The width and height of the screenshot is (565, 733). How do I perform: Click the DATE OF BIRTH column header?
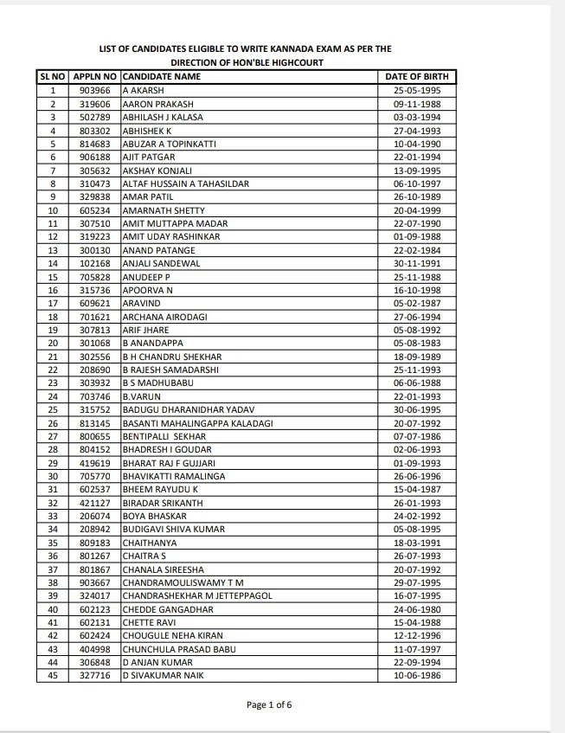pyautogui.click(x=417, y=77)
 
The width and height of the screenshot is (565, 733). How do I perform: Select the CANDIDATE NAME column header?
pyautogui.click(x=162, y=77)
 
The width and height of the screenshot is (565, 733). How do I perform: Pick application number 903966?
pyautogui.click(x=94, y=90)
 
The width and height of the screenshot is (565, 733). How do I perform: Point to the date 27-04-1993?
pyautogui.click(x=417, y=131)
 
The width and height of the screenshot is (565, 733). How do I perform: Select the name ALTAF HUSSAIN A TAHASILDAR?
pyautogui.click(x=185, y=183)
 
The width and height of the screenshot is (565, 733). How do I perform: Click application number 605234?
pyautogui.click(x=94, y=210)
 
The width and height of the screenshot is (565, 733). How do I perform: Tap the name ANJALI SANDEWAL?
pyautogui.click(x=161, y=263)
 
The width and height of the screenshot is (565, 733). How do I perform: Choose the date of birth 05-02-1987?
pyautogui.click(x=417, y=303)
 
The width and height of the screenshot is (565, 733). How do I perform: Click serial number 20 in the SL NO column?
pyautogui.click(x=53, y=343)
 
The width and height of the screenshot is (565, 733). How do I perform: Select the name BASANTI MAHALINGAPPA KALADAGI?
pyautogui.click(x=197, y=423)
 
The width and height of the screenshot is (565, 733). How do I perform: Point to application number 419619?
pyautogui.click(x=94, y=463)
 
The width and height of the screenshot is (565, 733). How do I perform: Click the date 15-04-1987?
pyautogui.click(x=417, y=489)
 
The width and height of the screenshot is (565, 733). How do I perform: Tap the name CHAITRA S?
pyautogui.click(x=144, y=556)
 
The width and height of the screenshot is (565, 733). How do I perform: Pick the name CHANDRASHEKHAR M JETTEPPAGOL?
pyautogui.click(x=197, y=595)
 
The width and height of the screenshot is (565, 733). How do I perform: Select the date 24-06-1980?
pyautogui.click(x=417, y=608)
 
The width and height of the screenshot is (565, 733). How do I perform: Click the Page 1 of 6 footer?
pyautogui.click(x=269, y=704)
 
